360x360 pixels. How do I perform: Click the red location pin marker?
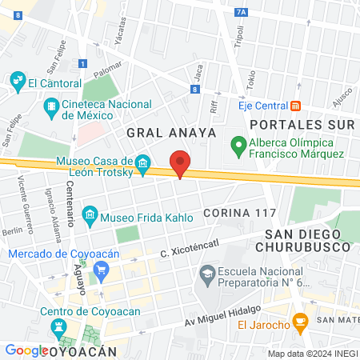pyautogui.click(x=180, y=163)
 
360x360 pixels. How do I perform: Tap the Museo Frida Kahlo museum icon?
pyautogui.click(x=90, y=215)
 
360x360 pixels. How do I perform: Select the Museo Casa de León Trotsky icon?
pyautogui.click(x=143, y=166)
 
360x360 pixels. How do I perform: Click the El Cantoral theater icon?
pyautogui.click(x=18, y=82)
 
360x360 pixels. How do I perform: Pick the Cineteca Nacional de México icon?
pyautogui.click(x=52, y=105)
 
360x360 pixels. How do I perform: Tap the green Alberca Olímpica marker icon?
pyautogui.click(x=238, y=146)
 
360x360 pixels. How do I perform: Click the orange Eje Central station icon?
pyautogui.click(x=295, y=105)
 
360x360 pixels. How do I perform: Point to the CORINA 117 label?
pyautogui.click(x=239, y=213)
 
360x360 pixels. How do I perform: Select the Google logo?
pyautogui.click(x=26, y=350)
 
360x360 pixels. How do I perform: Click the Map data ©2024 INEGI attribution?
pyautogui.click(x=312, y=353)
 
